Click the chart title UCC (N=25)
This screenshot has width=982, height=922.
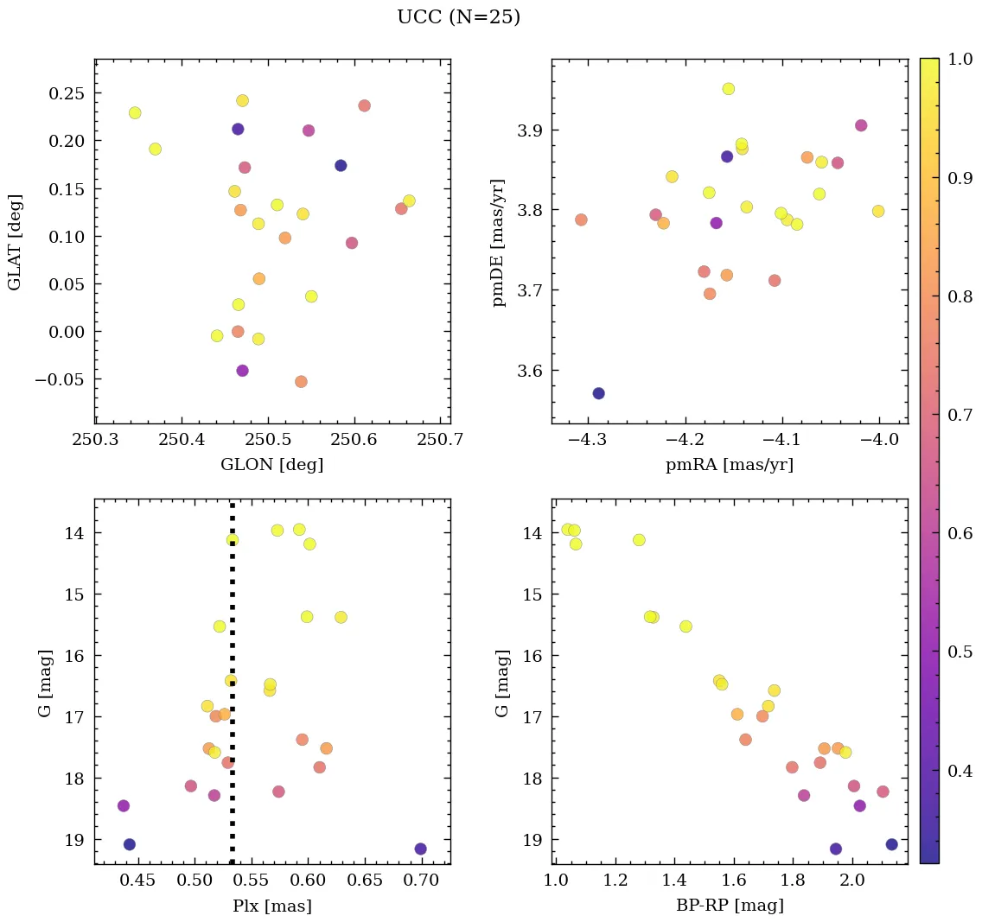point(458,17)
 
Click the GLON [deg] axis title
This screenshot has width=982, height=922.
point(271,465)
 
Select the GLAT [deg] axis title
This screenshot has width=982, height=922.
point(15,241)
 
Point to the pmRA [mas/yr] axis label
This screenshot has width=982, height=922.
point(729,465)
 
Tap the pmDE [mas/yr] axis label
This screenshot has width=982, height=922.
point(499,243)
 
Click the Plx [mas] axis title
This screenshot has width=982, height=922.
point(271,906)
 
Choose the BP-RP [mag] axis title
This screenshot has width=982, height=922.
point(730,906)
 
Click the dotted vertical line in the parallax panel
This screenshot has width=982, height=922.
point(233,691)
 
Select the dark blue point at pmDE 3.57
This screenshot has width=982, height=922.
point(598,393)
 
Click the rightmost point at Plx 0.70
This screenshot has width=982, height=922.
point(420,849)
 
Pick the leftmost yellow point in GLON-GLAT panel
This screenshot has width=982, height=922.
point(135,113)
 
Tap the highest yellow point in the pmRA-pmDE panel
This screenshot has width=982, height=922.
point(728,89)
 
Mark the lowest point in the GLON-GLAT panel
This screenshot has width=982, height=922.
point(301,381)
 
